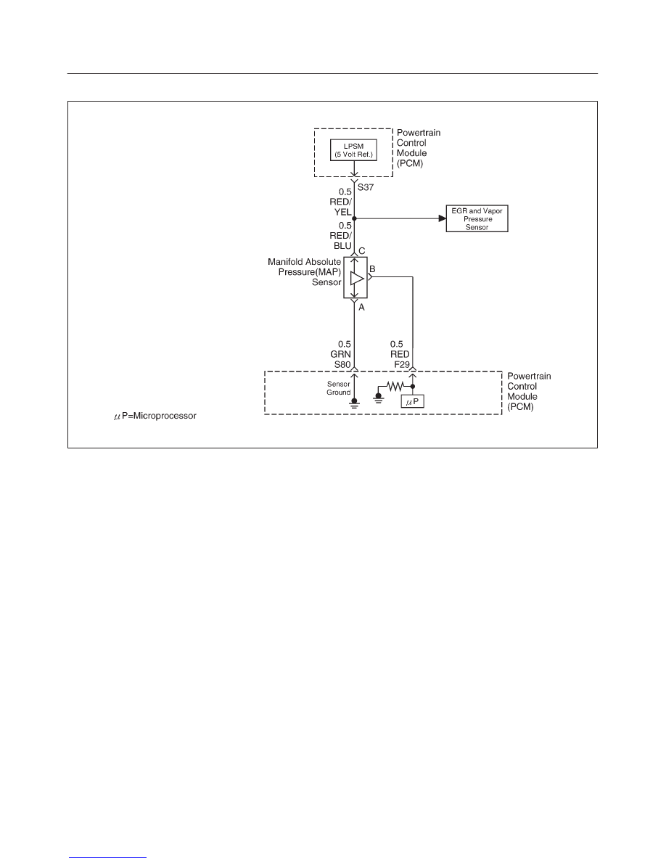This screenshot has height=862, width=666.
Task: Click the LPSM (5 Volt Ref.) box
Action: [x=353, y=150]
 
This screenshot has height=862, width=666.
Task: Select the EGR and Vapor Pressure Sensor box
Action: [x=477, y=219]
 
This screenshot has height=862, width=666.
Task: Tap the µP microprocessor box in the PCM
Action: [x=413, y=402]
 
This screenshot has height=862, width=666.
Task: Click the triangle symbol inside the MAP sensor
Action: [x=357, y=278]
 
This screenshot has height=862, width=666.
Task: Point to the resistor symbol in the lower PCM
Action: [x=395, y=387]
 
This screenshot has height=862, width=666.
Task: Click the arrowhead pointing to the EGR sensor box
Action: [x=443, y=219]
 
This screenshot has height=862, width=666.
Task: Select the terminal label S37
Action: [x=366, y=187]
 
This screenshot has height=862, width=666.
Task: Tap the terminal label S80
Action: [x=342, y=364]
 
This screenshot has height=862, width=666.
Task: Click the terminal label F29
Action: [x=402, y=364]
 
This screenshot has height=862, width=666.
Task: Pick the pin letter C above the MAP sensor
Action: [x=361, y=251]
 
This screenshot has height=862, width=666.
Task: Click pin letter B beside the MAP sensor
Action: [x=372, y=268]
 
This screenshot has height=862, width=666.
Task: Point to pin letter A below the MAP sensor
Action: [x=361, y=308]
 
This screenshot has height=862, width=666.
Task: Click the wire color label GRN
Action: [x=341, y=354]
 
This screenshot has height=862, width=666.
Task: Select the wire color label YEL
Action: [x=343, y=212]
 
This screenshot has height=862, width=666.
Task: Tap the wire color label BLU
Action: [x=342, y=246]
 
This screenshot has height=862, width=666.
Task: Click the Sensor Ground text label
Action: [x=339, y=388]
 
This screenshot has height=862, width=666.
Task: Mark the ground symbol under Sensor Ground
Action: [x=355, y=404]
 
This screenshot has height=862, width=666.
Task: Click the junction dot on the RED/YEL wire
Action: [x=355, y=219]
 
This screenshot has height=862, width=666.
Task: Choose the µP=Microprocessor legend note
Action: [x=155, y=416]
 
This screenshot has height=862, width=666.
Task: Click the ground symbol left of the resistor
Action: [x=378, y=397]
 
